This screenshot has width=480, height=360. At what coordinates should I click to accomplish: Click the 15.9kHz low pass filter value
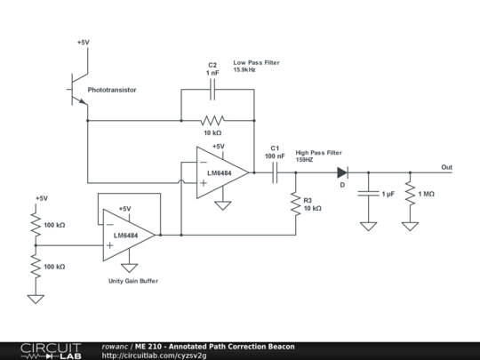(245, 69)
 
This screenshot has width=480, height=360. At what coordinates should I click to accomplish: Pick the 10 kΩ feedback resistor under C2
(212, 120)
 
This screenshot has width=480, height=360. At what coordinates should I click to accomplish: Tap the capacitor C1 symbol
(275, 173)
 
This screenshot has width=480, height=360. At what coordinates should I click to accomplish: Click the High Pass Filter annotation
(319, 152)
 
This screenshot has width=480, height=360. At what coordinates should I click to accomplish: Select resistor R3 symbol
(295, 207)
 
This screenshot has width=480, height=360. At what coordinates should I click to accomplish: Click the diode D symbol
(342, 173)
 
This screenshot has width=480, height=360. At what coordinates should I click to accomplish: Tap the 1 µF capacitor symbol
(367, 194)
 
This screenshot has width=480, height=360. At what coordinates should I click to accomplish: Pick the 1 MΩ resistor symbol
(410, 194)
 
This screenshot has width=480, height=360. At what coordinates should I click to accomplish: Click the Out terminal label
(446, 167)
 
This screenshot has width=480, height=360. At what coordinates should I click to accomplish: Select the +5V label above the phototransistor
(83, 43)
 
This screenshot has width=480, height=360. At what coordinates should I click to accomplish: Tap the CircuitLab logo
(40, 350)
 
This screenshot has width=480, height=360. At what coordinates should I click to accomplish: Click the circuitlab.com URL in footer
(154, 355)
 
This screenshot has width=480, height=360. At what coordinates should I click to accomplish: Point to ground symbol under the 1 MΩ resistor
(410, 226)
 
